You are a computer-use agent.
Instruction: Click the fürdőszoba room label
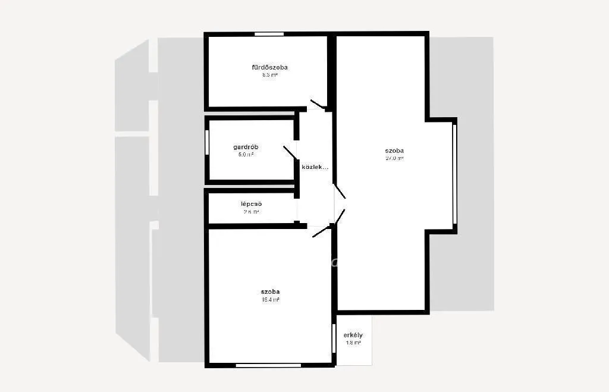point(269,67)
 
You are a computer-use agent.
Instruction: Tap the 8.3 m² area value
point(269,76)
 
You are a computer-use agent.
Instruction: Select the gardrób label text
point(246,147)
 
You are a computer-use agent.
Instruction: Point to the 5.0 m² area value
point(246,155)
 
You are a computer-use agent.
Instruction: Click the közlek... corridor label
point(315,167)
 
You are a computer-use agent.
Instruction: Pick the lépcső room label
point(252,204)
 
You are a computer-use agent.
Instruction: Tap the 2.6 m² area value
point(252,212)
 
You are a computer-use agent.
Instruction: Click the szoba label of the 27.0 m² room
point(394,150)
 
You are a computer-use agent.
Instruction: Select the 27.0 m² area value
point(394,159)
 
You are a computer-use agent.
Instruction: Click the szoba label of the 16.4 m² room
point(270,291)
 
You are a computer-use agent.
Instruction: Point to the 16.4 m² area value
point(270,300)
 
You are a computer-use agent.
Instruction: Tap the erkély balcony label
point(353,335)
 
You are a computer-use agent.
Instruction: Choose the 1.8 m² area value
point(353,343)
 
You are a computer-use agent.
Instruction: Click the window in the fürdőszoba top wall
point(269,34)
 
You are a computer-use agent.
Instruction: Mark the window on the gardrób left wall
point(207,143)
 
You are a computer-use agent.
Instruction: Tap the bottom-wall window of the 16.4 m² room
point(268,365)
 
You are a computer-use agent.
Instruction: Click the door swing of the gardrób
point(290,152)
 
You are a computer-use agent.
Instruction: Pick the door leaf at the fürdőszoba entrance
point(318,105)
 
